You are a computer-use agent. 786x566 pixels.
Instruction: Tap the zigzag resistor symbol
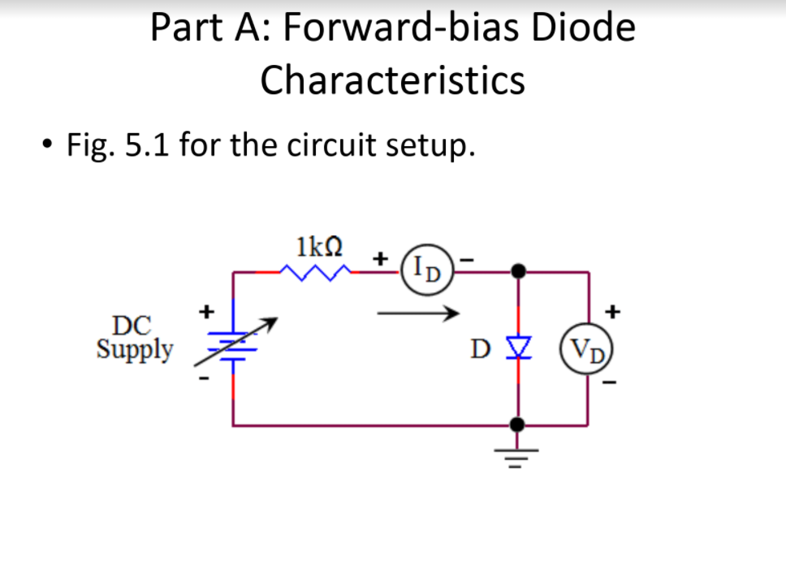pos(316,273)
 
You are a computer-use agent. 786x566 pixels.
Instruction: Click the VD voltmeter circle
pos(591,352)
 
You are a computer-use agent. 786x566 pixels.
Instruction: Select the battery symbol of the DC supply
pos(234,345)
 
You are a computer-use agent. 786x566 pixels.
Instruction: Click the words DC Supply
pos(135,338)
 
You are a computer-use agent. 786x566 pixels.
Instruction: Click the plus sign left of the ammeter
pos(379,258)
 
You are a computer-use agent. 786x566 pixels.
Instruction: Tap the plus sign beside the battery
pos(207,309)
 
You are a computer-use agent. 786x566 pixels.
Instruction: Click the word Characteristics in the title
pos(393,80)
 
